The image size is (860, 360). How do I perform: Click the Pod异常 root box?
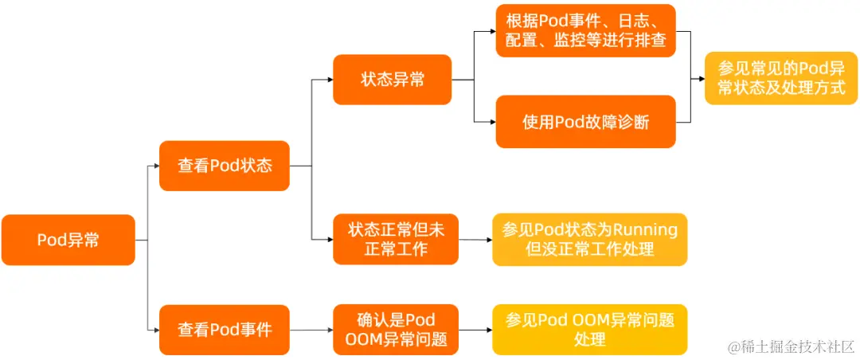[x=68, y=240]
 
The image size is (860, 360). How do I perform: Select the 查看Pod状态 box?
[x=225, y=166]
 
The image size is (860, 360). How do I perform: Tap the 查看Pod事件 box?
[x=225, y=329]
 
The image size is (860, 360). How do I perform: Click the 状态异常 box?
[x=393, y=80]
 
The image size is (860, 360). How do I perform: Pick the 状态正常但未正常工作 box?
[x=396, y=239]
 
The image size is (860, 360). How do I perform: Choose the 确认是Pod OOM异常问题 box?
[x=396, y=329]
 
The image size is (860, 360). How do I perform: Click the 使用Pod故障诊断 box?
[x=585, y=122]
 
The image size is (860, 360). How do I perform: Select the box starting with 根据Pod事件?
[x=585, y=30]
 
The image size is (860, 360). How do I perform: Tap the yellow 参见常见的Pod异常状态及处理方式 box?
[x=780, y=78]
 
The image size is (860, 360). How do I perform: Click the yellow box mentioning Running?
[x=589, y=239]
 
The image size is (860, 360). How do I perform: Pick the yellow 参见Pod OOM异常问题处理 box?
[x=589, y=329]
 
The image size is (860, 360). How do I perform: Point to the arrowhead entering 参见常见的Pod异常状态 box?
[x=699, y=79]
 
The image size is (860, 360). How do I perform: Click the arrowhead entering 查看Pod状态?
[x=154, y=166]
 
